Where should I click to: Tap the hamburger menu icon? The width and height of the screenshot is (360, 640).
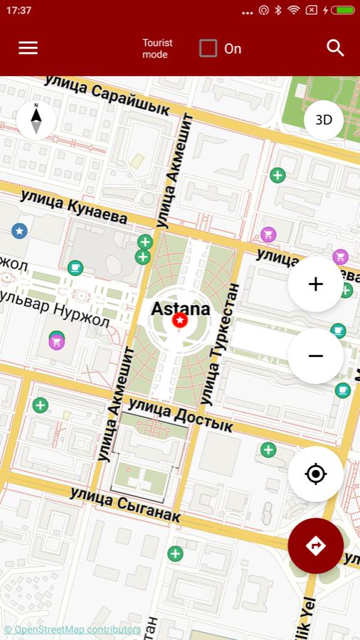(28, 48)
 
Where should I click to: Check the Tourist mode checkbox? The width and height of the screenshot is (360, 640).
(208, 48)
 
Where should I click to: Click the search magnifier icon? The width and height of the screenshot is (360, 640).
(335, 48)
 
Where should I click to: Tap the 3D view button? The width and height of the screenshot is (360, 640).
(324, 120)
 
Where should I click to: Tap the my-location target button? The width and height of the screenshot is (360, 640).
(316, 474)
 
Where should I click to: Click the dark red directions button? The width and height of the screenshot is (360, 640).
(316, 545)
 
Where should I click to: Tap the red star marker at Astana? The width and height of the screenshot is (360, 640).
(180, 321)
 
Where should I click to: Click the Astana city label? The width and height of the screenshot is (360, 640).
(181, 309)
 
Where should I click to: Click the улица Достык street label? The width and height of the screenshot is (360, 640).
(181, 415)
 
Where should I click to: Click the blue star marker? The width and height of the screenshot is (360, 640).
(19, 230)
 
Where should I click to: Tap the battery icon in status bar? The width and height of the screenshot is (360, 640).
(343, 10)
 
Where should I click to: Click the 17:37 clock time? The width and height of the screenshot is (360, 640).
(19, 11)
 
